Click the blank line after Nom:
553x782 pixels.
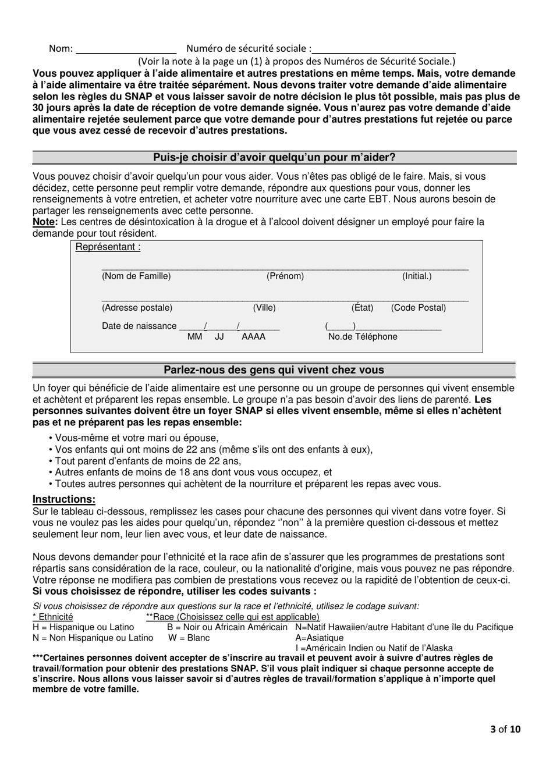click(x=126, y=49)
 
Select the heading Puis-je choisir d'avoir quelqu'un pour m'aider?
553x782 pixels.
click(x=274, y=157)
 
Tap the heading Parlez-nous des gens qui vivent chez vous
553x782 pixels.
click(x=274, y=370)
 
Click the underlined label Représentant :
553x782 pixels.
click(x=108, y=247)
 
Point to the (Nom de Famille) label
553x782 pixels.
click(x=136, y=276)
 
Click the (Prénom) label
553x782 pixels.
click(x=285, y=276)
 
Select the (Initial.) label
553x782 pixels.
click(x=417, y=276)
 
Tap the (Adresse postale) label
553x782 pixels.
click(x=137, y=308)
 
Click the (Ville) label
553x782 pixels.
click(x=264, y=308)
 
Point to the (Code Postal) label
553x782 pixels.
click(x=419, y=308)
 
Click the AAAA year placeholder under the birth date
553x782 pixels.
click(x=253, y=337)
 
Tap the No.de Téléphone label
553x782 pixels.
click(x=363, y=337)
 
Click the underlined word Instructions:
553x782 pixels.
click(x=64, y=499)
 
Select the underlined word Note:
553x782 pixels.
click(x=45, y=222)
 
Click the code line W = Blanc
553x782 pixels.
click(x=189, y=638)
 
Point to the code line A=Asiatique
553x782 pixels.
click(x=320, y=638)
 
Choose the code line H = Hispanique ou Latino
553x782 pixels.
click(x=83, y=627)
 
